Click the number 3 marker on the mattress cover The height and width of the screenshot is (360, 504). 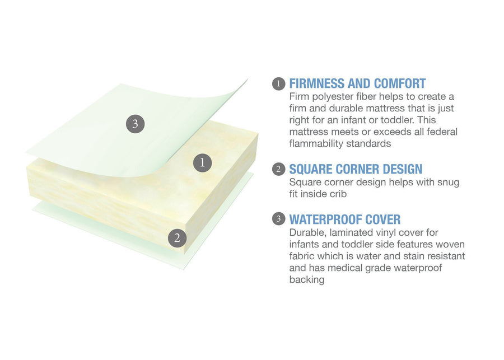(135, 124)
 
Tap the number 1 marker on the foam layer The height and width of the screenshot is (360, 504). (202, 162)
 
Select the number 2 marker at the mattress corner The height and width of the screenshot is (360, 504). (177, 238)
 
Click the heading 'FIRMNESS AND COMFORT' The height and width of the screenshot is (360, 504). (357, 83)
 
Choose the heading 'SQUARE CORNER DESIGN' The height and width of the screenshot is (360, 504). (356, 169)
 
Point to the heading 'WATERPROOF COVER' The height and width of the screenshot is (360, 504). (345, 219)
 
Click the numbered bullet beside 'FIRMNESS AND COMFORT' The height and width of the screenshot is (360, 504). (278, 84)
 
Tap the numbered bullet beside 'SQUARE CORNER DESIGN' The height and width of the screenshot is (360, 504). (278, 169)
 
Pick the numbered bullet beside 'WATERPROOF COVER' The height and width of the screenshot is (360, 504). (278, 219)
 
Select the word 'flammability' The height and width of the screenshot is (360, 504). (316, 143)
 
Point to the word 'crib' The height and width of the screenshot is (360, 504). (338, 194)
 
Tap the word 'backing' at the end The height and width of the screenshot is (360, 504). (307, 279)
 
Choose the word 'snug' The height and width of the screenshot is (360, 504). (449, 183)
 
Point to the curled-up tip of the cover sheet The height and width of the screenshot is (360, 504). (248, 78)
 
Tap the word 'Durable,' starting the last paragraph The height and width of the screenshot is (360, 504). (307, 233)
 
